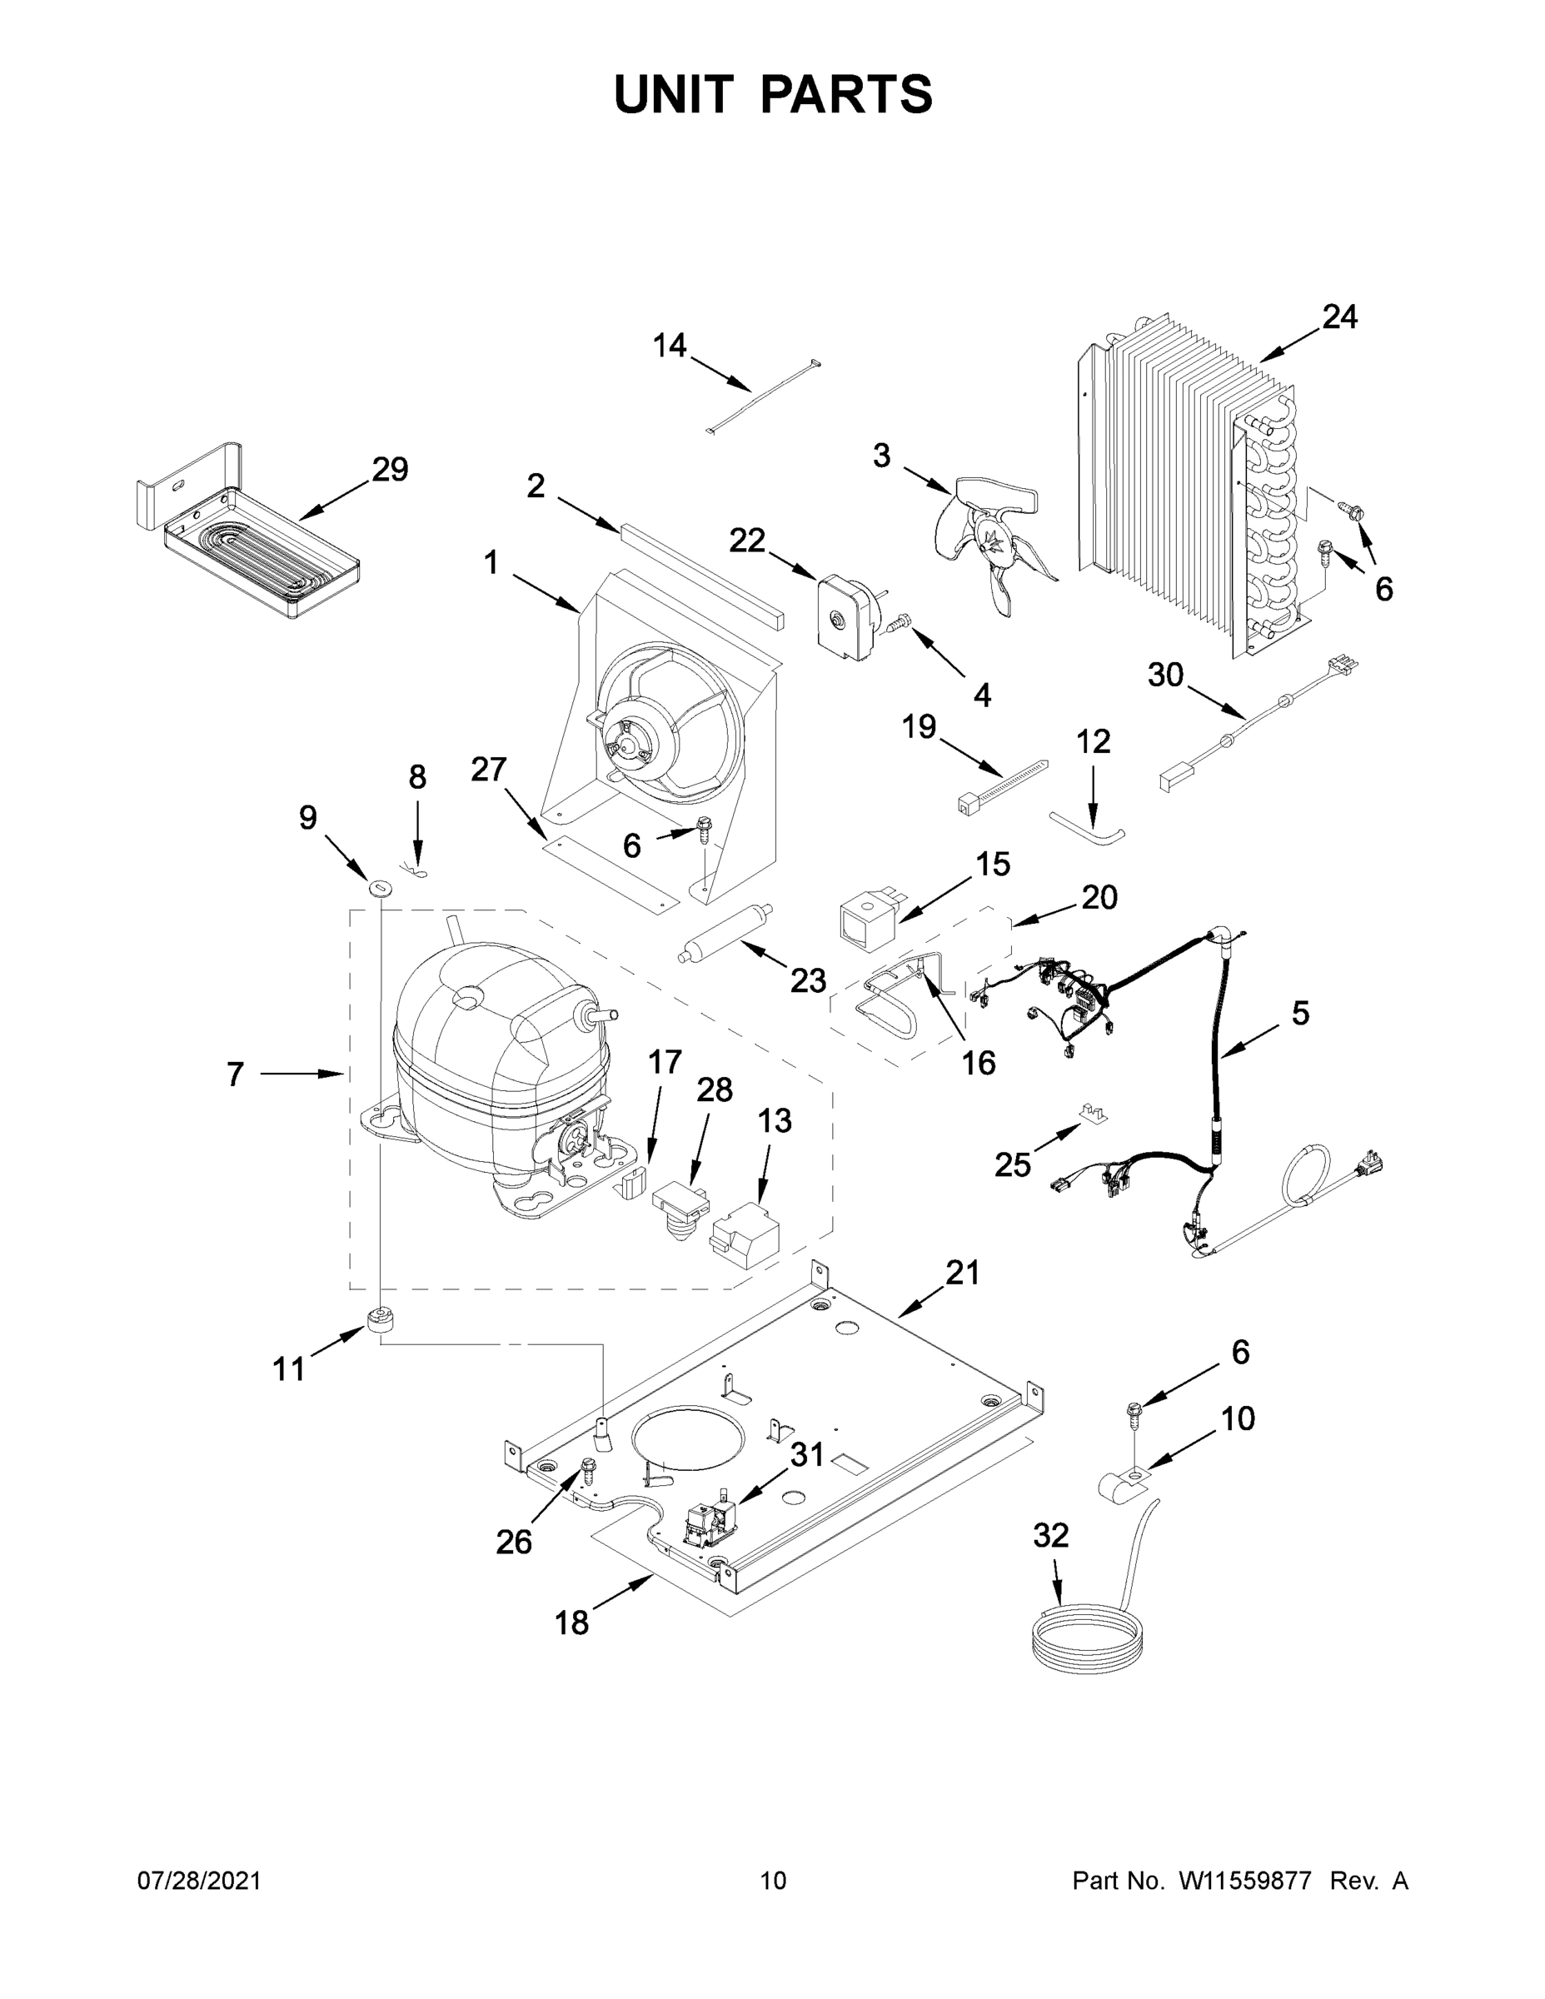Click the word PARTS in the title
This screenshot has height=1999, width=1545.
(847, 94)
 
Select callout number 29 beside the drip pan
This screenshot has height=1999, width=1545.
(390, 470)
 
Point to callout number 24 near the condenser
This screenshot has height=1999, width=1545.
(1339, 317)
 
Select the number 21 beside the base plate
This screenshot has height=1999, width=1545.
(962, 1272)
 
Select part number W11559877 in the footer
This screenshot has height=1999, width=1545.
(1245, 1882)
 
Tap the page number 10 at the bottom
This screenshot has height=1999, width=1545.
(774, 1882)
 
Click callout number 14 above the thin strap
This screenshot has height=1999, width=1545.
(669, 345)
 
